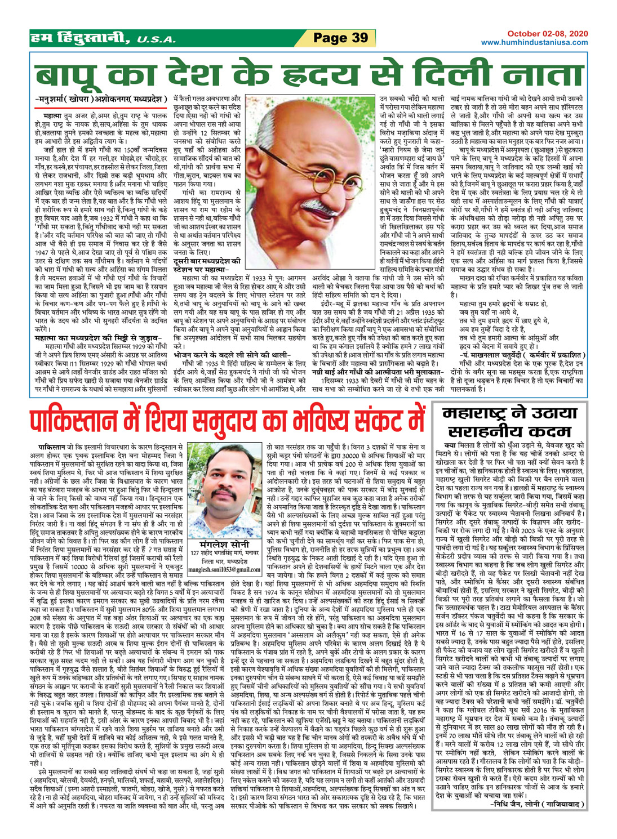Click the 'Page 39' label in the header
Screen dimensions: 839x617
click(340, 38)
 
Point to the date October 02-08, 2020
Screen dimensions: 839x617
click(547, 34)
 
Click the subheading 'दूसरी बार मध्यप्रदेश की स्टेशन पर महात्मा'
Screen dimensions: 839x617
click(207, 265)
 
